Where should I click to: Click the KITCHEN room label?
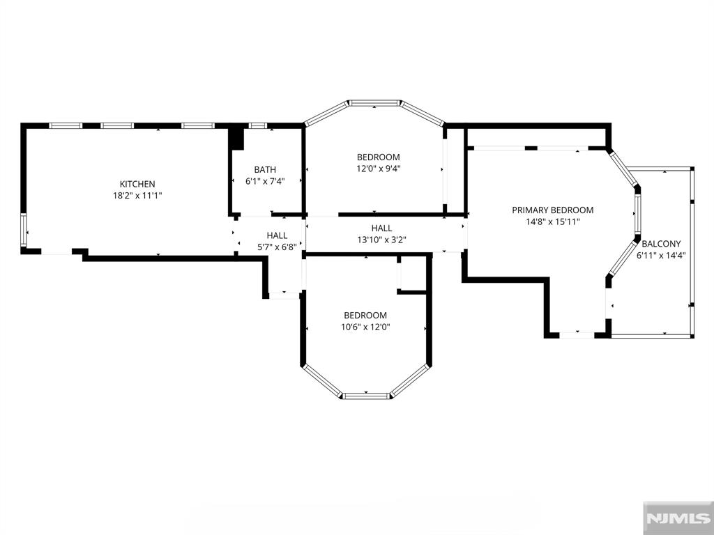point(137,184)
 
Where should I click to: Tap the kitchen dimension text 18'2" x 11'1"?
point(137,196)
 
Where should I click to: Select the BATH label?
point(265,170)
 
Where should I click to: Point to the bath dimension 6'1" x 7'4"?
point(265,181)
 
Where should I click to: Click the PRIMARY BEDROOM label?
point(553,210)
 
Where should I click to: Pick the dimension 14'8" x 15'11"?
point(553,222)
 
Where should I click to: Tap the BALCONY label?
point(661,243)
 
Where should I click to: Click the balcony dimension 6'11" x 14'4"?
point(661,255)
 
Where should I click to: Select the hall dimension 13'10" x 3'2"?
point(381,240)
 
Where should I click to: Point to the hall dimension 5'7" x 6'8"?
point(277,247)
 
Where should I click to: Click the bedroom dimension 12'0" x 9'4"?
point(379,169)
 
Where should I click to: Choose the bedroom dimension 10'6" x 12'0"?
point(365,327)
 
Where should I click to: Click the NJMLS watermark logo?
point(678,518)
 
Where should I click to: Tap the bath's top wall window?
point(257,125)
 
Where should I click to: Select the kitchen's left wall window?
point(24,230)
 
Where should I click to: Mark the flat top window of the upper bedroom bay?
point(374,103)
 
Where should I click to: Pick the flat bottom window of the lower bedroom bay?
point(367,396)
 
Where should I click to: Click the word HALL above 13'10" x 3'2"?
point(381,228)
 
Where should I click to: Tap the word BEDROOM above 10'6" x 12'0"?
point(365,315)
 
